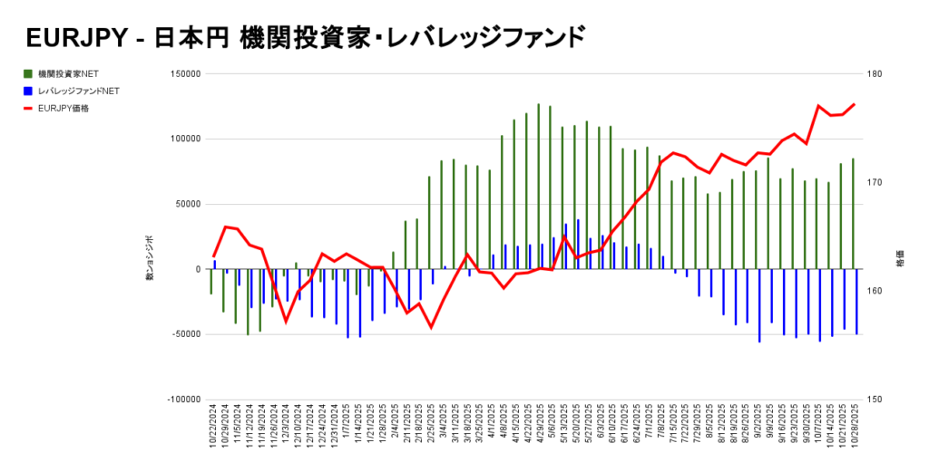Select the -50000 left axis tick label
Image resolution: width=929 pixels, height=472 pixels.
(x=185, y=334)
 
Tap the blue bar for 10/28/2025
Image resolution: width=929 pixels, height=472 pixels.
(x=856, y=302)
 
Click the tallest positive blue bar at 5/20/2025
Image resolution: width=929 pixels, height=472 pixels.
(x=578, y=244)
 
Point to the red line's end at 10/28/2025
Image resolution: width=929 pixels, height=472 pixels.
(x=854, y=104)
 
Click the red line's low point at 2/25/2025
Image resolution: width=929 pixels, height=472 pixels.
(x=431, y=327)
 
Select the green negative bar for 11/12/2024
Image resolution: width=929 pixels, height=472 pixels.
(x=248, y=302)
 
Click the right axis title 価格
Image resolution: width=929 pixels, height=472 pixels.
(x=900, y=258)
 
